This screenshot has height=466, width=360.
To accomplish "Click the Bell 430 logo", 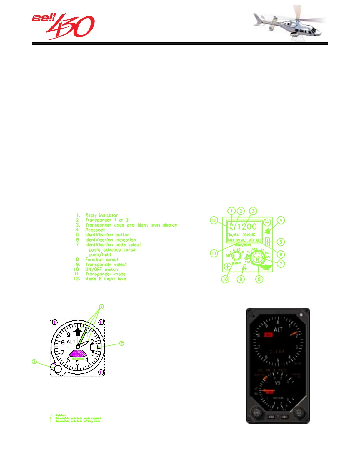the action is click(x=63, y=26).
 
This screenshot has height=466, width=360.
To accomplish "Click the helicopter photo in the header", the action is click(x=290, y=24).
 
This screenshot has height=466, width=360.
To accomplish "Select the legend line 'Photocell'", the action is click(x=95, y=230).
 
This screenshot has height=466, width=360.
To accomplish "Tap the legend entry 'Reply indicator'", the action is click(x=101, y=215).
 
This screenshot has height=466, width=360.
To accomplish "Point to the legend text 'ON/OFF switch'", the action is click(x=101, y=269).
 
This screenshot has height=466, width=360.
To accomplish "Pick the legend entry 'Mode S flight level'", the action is click(x=106, y=279).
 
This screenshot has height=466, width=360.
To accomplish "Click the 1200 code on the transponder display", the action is click(x=247, y=227).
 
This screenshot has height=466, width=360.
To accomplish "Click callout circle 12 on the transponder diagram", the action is click(x=214, y=220).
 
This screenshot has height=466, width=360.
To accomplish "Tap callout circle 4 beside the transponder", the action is click(x=281, y=220).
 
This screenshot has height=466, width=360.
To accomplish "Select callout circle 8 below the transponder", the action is click(x=259, y=279).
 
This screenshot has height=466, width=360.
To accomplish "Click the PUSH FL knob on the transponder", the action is click(x=258, y=259).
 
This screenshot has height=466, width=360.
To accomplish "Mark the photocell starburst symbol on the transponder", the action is click(x=267, y=231).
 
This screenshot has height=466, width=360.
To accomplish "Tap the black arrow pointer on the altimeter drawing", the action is click(x=78, y=332).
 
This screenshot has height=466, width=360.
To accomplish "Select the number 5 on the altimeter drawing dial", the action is click(x=78, y=362).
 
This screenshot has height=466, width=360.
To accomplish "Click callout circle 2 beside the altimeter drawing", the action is click(x=121, y=343).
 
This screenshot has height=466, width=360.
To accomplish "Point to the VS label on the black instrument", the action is click(x=278, y=383).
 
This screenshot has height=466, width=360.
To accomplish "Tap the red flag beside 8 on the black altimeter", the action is click(x=268, y=335).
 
